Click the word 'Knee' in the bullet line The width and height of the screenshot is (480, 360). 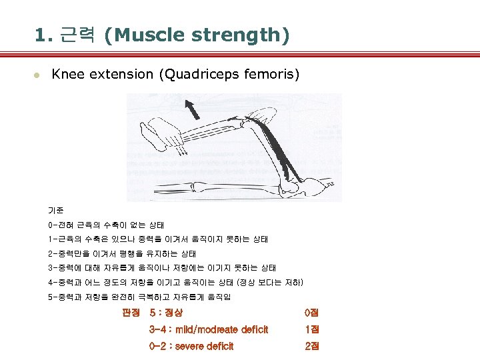point(67,74)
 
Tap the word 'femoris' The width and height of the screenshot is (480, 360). point(275,74)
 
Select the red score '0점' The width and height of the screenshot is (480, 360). point(311,312)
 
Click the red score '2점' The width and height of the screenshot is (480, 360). point(311,346)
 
